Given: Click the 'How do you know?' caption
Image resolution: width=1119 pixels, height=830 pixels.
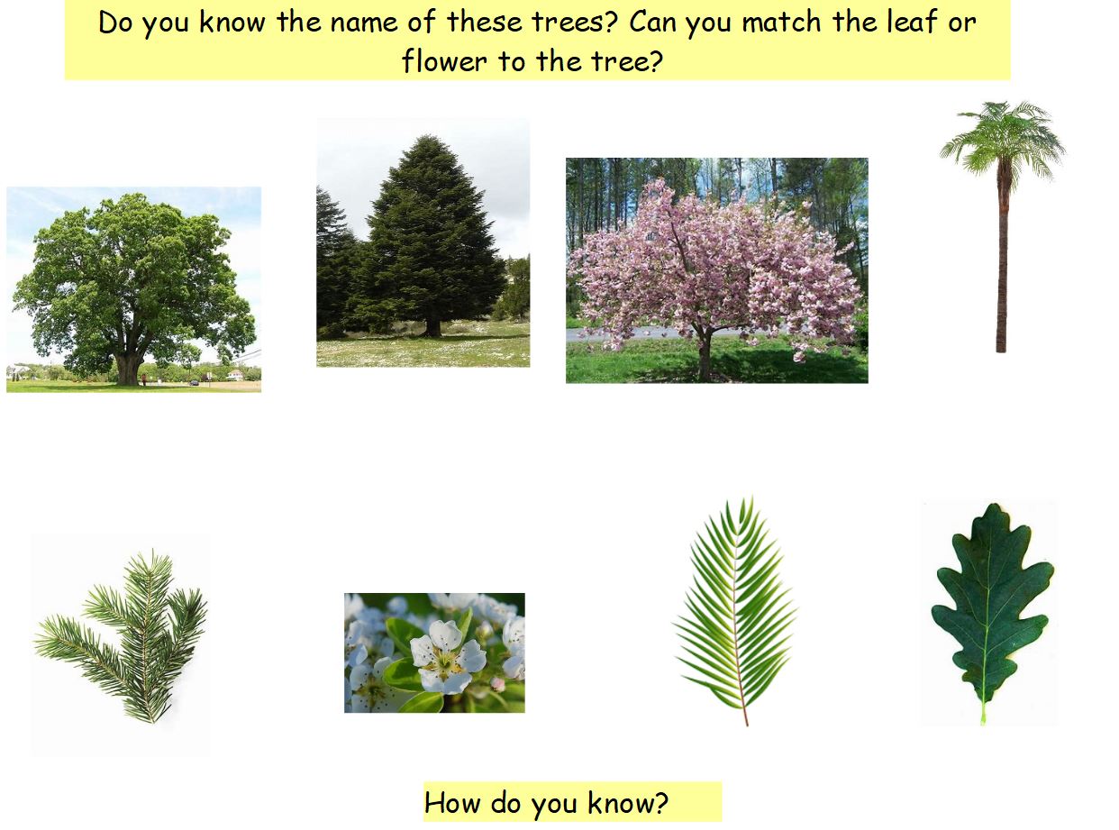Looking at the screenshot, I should [x=546, y=802].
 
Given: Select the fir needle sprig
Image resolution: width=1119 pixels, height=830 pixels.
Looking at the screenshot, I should [x=126, y=635].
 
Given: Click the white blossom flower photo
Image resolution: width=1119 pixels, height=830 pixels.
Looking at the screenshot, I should [x=434, y=652].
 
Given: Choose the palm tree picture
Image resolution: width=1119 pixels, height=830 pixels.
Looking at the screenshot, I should [x=1001, y=225].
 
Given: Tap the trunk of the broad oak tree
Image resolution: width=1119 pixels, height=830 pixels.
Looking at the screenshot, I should [x=129, y=367].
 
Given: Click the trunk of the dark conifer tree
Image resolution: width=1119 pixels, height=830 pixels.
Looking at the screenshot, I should [x=433, y=324].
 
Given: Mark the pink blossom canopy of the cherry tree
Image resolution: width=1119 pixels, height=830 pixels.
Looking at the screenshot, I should [x=712, y=261].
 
